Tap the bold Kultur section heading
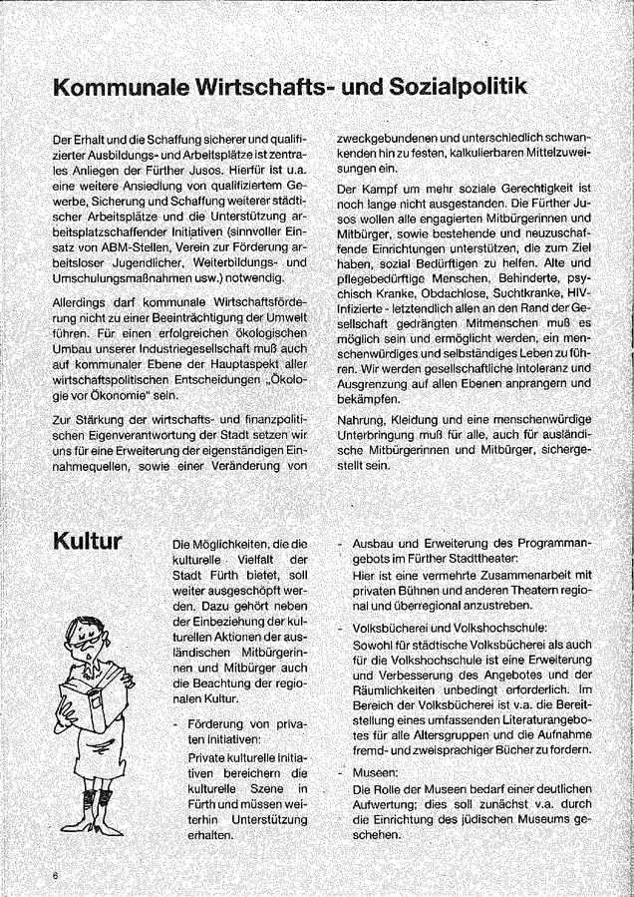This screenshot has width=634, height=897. pos(88,542)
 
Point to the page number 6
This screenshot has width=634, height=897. pos(57,875)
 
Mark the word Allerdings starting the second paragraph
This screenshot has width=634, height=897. pos(87,301)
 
